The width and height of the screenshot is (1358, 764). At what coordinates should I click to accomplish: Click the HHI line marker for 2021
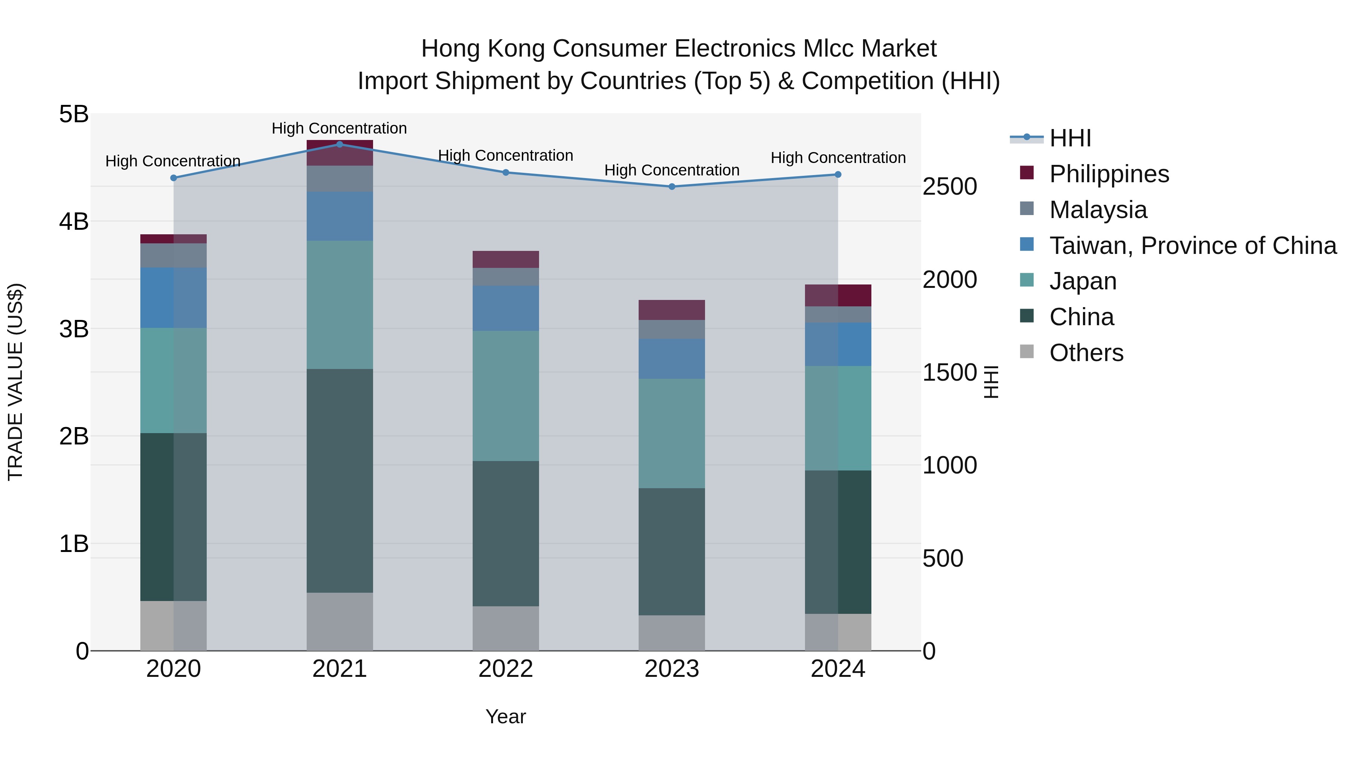(x=339, y=144)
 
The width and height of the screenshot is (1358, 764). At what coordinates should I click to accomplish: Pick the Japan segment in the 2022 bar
(x=505, y=395)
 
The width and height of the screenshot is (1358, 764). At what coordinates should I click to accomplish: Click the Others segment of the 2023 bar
(x=671, y=632)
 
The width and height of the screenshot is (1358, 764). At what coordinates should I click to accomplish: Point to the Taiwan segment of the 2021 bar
(x=339, y=216)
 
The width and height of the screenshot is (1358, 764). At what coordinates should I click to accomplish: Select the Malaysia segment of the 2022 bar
(x=505, y=277)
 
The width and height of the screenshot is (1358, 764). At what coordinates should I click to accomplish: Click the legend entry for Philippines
(x=1109, y=174)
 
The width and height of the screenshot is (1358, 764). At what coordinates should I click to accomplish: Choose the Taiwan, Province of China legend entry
(x=1192, y=246)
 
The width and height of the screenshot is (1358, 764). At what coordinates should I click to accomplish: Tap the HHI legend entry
(x=1070, y=138)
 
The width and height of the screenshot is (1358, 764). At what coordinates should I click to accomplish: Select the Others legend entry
(x=1086, y=353)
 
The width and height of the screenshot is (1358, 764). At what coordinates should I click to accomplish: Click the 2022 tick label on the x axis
(x=505, y=669)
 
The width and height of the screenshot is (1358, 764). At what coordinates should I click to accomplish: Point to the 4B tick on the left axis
(x=74, y=221)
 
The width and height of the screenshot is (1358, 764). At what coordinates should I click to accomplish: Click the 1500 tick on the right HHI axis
(x=949, y=373)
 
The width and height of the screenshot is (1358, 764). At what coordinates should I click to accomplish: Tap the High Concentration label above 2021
(x=339, y=128)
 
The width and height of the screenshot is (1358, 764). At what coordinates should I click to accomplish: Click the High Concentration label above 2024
(x=838, y=158)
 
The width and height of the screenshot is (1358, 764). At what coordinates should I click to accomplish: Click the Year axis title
(x=505, y=716)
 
